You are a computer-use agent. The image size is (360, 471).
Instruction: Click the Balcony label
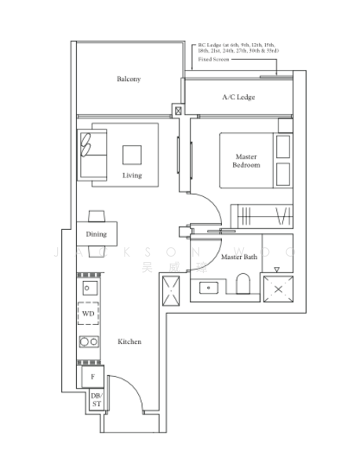129,79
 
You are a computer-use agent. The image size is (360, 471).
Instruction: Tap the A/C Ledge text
238,97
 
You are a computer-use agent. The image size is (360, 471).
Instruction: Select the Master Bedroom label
245,161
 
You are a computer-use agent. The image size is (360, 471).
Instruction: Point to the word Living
132,175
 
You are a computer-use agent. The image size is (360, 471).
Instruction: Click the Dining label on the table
96,234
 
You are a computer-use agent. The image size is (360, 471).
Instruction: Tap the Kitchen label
129,342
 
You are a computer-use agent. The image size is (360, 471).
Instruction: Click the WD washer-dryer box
88,314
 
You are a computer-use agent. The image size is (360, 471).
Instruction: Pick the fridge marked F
93,377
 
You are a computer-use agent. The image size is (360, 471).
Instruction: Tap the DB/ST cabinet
96,400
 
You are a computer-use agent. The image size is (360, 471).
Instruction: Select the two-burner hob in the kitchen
88,341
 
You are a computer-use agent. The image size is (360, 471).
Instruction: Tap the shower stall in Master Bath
277,289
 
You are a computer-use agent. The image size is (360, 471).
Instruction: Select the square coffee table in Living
132,154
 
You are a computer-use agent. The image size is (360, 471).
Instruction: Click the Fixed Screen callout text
214,60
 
